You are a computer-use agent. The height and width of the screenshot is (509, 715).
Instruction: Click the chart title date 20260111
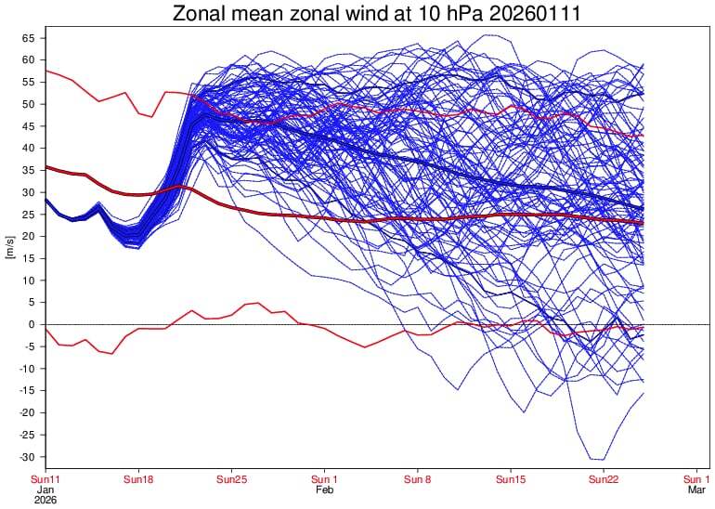(x=520, y=13)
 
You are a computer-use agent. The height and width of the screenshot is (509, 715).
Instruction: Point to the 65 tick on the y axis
(x=28, y=38)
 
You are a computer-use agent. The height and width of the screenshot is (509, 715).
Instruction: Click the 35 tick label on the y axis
(x=28, y=170)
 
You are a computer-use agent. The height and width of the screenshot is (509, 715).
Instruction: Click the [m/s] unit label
(x=9, y=247)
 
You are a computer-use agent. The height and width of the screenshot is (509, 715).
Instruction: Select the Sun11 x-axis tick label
(x=45, y=479)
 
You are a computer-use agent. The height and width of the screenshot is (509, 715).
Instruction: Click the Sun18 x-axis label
(x=137, y=479)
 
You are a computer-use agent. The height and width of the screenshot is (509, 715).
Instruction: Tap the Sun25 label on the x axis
(x=231, y=479)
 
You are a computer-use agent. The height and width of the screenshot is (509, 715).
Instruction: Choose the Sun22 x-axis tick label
(x=604, y=479)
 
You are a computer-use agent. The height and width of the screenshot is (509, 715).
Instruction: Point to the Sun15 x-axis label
(x=511, y=479)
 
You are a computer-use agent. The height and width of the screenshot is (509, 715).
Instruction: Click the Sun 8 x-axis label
(x=418, y=479)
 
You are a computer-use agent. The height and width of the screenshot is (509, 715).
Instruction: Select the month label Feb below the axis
(x=324, y=489)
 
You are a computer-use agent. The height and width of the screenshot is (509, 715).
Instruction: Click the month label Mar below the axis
(x=696, y=489)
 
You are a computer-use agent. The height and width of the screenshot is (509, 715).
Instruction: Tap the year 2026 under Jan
(x=45, y=500)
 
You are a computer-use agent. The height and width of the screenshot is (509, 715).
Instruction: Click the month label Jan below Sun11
(x=45, y=489)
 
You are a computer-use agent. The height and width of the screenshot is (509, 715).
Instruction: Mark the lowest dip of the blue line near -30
(x=596, y=459)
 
